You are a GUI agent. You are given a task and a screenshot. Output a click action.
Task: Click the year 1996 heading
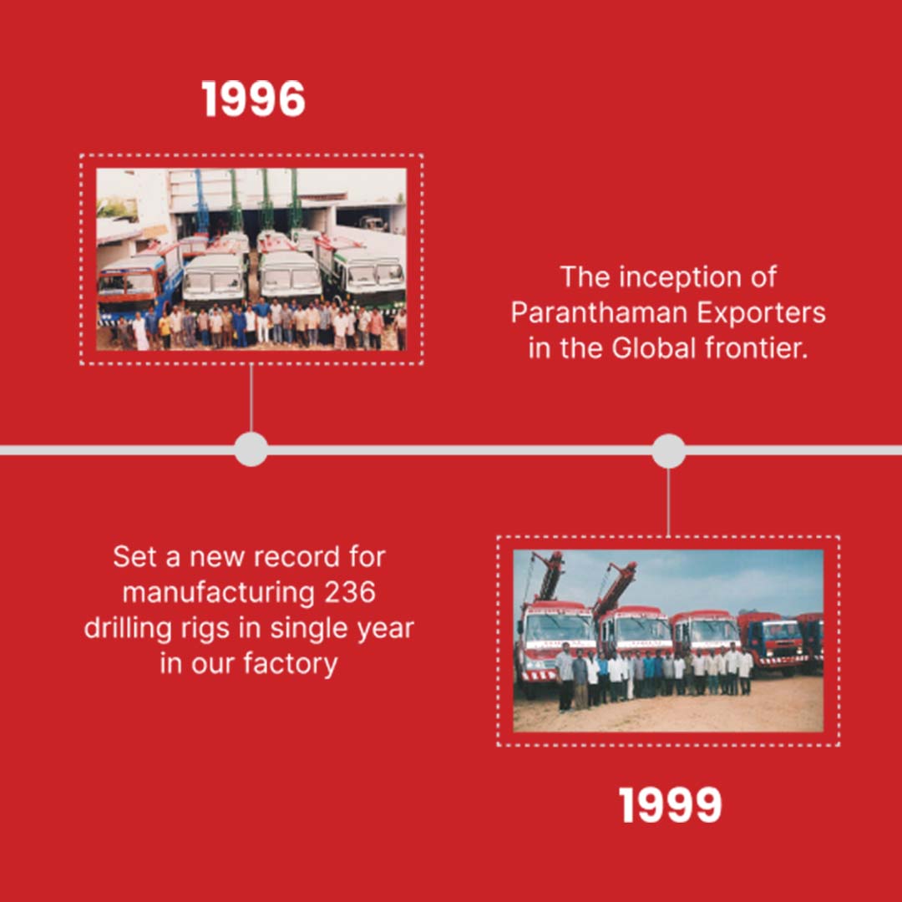[253, 99]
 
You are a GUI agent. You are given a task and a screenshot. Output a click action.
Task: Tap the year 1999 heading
[670, 805]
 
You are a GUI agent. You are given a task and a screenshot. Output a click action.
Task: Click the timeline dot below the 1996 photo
[251, 449]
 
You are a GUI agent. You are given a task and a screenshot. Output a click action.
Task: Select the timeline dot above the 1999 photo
[668, 451]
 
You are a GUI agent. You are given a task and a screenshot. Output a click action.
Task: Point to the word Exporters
[761, 313]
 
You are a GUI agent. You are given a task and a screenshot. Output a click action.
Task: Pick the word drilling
[128, 629]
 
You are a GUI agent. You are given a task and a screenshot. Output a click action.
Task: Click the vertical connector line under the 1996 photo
[251, 398]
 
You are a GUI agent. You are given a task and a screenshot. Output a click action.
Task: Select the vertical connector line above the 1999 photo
[668, 502]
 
